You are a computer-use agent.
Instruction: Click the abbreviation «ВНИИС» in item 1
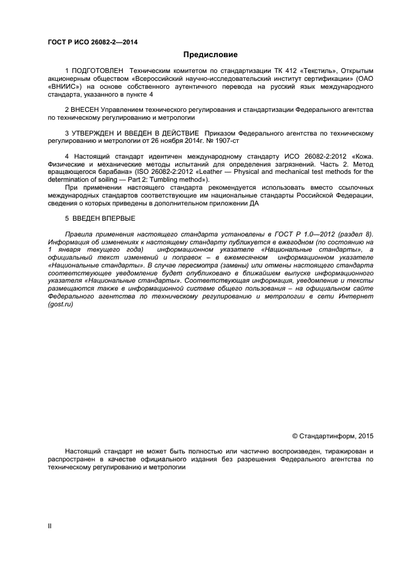click(63, 87)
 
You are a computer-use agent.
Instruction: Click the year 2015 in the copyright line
click(366, 436)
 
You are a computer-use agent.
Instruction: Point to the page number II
click(50, 526)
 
